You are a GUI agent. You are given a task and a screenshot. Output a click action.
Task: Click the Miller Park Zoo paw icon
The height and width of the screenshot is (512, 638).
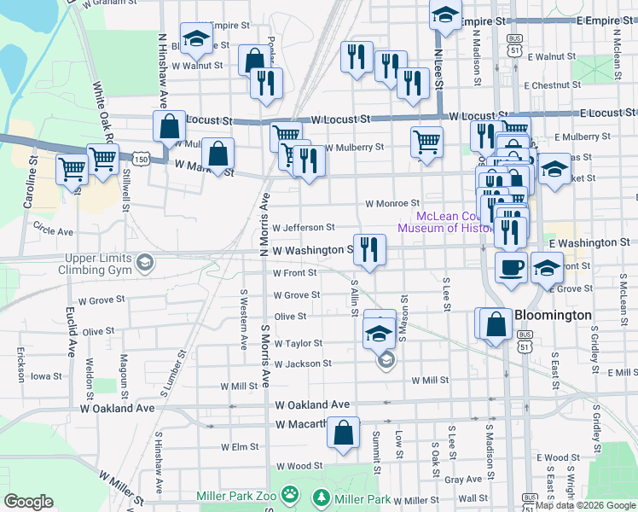291,494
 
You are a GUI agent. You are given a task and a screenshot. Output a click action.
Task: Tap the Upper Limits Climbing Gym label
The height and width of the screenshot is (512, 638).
95,264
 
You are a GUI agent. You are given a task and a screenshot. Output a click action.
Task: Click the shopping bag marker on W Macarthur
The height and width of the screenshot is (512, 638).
343,433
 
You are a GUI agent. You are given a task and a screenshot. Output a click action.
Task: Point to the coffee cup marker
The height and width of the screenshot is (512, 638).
512,267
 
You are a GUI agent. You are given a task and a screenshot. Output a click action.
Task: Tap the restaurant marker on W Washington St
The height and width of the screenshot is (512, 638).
369,248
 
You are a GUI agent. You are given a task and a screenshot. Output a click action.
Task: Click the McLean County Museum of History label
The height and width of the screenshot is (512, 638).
444,222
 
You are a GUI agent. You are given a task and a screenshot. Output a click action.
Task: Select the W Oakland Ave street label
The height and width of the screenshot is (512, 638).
313,404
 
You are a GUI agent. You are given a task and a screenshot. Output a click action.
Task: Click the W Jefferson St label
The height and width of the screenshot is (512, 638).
304,227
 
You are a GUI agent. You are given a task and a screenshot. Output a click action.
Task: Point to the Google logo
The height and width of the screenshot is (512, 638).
29,502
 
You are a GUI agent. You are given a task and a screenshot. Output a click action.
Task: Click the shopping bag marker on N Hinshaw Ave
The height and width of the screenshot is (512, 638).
170,125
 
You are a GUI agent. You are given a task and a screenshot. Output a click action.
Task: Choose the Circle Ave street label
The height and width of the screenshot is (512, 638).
52,231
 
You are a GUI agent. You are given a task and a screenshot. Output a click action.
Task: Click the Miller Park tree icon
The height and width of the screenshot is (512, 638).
322,496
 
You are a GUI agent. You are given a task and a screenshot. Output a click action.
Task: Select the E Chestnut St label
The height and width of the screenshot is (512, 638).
552,85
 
